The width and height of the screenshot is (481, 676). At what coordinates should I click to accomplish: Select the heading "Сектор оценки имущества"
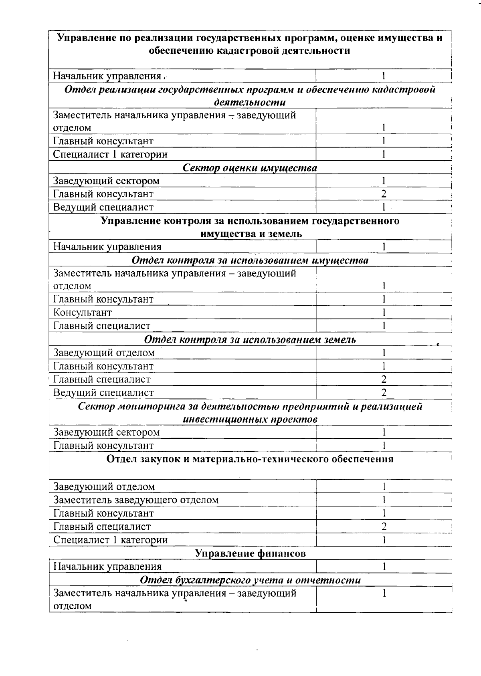(250, 167)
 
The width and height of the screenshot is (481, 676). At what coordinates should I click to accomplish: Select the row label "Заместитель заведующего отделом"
(136, 500)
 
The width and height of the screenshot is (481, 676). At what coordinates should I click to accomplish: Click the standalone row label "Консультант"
(83, 313)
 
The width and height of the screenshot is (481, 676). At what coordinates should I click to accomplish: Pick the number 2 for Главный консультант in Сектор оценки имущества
(384, 194)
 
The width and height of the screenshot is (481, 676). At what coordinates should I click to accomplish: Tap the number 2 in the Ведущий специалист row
(384, 393)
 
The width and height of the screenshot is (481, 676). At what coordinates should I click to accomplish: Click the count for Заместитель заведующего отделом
(384, 500)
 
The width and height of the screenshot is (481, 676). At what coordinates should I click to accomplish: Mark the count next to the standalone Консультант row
(384, 313)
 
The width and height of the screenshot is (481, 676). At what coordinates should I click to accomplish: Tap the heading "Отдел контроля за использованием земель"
(250, 340)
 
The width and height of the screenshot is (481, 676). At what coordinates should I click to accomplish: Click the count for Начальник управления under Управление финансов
(384, 567)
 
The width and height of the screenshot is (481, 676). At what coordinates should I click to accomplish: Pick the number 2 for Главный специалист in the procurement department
(384, 527)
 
